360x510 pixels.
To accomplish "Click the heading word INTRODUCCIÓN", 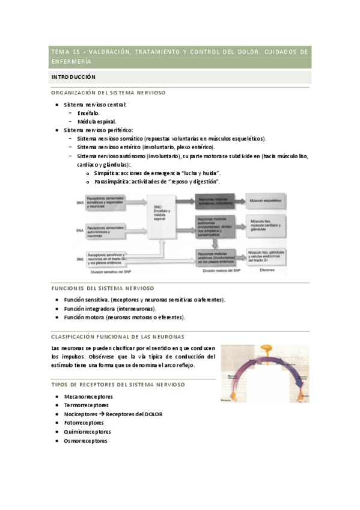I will point(73,78).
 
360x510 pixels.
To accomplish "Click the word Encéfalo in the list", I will point(88,112).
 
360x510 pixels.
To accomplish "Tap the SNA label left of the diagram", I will point(80,230).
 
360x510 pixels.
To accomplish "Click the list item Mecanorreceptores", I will point(88,396).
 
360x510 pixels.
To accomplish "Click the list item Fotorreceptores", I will point(84,423).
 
